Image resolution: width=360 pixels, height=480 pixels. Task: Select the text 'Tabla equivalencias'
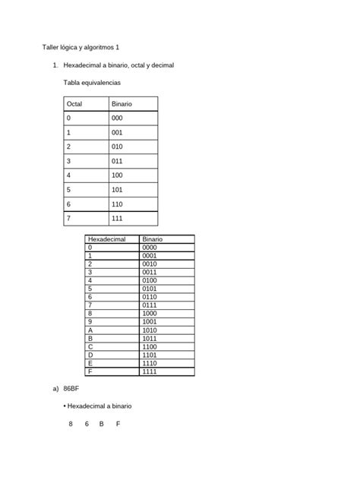click(92, 82)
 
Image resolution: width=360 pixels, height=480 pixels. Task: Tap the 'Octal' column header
click(74, 103)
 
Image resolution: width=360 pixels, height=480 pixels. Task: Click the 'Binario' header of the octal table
click(122, 103)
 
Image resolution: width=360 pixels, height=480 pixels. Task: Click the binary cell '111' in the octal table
click(117, 219)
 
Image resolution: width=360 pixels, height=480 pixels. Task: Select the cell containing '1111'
click(150, 371)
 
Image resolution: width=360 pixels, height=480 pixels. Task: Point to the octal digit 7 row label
click(68, 219)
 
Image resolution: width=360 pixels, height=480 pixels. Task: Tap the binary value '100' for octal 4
click(117, 175)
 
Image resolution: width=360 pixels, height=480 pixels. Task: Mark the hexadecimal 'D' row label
click(90, 355)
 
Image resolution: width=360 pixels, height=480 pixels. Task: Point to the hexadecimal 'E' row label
click(90, 363)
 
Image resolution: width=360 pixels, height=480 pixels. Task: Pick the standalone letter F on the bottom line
click(118, 424)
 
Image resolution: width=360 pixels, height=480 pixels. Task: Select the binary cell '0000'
click(150, 248)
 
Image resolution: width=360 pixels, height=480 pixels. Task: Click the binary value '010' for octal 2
click(117, 147)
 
